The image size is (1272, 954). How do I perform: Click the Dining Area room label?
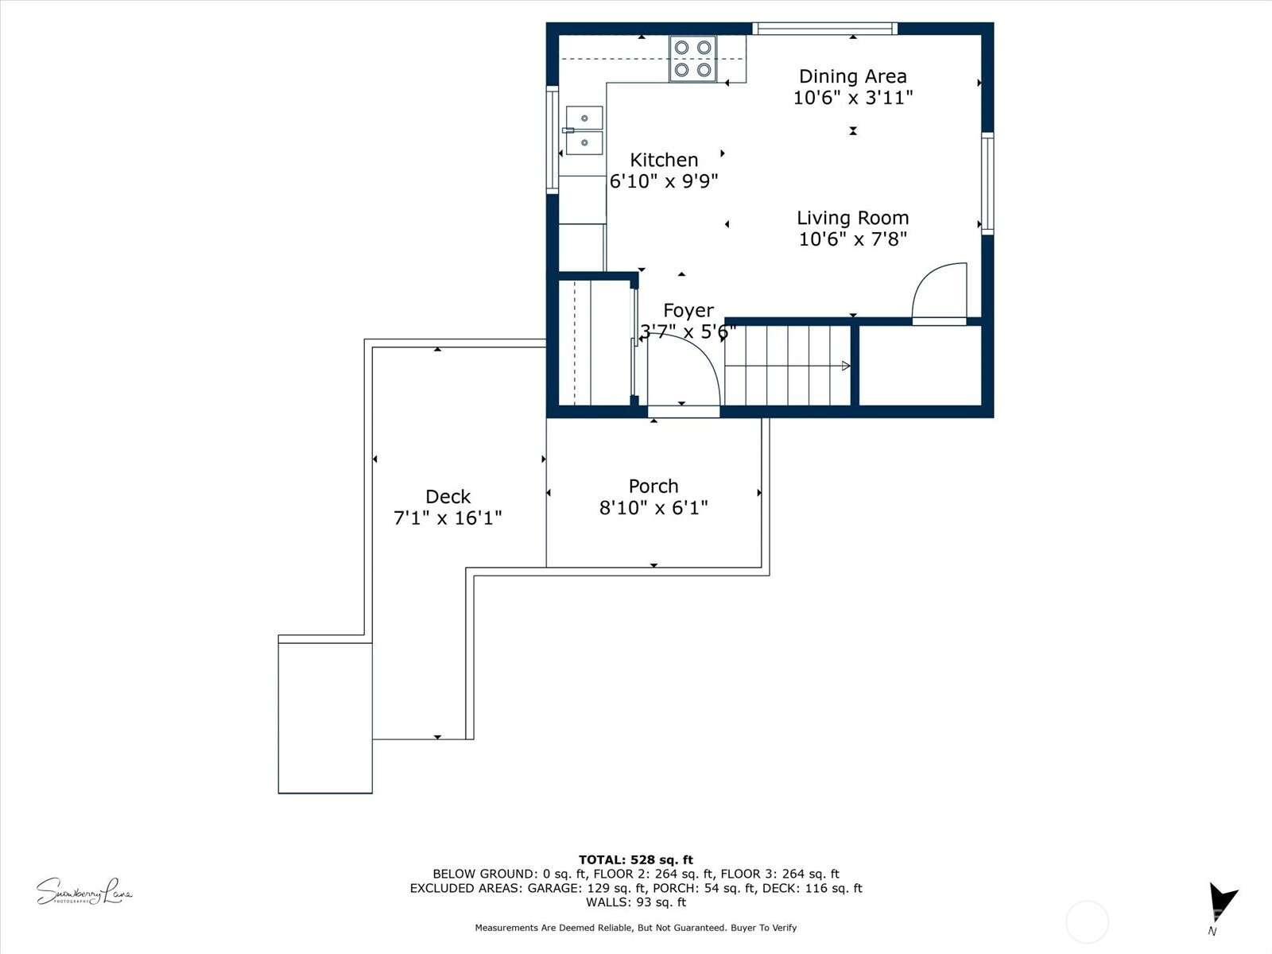pos(852,76)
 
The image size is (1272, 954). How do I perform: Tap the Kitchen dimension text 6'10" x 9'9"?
pos(664,181)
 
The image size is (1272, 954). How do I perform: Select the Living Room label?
pos(852,218)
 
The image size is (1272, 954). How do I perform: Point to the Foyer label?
pos(688,311)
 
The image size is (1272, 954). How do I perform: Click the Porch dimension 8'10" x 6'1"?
pos(653,508)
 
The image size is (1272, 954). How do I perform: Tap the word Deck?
pos(448,497)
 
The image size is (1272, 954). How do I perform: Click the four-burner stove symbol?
pos(692,59)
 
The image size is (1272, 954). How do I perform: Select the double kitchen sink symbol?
pos(584,130)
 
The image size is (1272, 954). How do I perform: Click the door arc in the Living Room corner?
pos(940,293)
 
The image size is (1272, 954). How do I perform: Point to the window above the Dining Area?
pos(825,29)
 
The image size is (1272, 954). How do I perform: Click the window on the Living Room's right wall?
pos(987,183)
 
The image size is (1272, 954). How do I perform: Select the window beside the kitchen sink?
pos(552,139)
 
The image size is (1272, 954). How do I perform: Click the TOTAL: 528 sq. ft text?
pos(635,859)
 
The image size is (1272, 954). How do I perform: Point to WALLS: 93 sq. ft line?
pos(635,902)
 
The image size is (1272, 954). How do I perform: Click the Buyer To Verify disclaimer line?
pos(635,928)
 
